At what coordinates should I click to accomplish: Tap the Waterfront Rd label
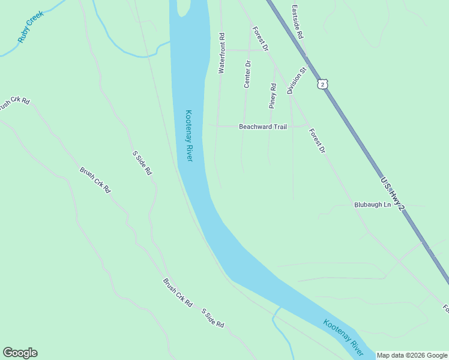[221, 53]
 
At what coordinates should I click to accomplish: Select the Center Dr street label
[247, 74]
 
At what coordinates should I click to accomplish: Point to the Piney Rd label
[272, 95]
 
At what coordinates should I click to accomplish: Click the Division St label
[297, 80]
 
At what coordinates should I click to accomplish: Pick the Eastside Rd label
[297, 22]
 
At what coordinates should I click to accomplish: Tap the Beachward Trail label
[263, 127]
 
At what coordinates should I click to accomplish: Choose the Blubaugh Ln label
[372, 205]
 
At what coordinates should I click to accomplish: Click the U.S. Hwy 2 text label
[393, 193]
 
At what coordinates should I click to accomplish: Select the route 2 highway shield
[324, 85]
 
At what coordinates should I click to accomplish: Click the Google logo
[20, 353]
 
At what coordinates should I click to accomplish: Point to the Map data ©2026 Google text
[412, 355]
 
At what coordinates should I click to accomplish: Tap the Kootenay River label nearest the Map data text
[343, 337]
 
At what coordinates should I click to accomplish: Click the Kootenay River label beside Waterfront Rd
[188, 135]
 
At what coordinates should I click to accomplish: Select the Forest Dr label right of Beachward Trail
[316, 140]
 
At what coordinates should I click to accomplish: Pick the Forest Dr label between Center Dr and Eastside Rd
[260, 38]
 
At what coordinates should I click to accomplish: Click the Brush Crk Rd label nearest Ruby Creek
[13, 103]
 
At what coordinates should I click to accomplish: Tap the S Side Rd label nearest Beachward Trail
[142, 163]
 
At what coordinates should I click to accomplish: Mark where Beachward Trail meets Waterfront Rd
[217, 126]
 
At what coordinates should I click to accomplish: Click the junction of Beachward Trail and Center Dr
[244, 126]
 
